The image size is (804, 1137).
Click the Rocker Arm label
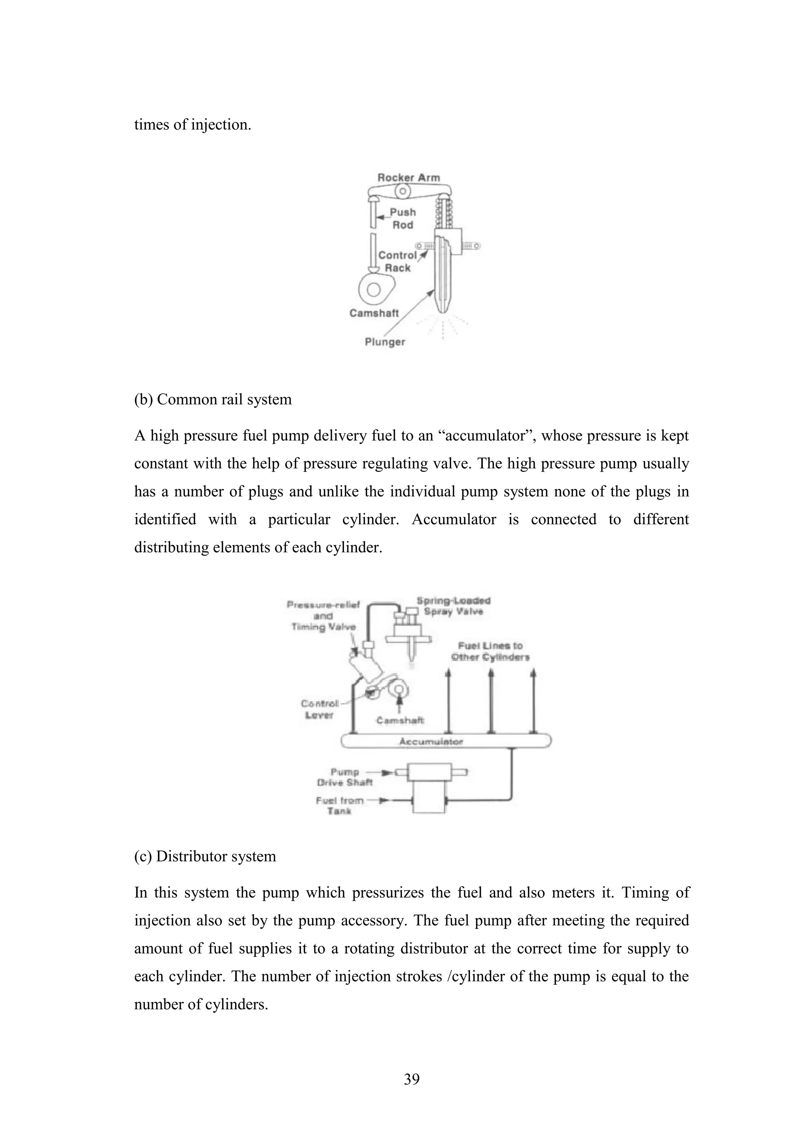coord(408,177)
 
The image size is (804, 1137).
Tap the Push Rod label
coord(402,218)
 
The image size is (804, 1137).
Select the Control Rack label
coord(397,261)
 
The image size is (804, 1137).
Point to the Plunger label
coord(384,342)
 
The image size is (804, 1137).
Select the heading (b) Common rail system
coord(213,399)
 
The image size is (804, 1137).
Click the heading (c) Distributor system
coord(205,856)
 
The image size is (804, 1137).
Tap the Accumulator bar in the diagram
coord(431,741)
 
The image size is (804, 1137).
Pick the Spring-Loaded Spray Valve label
coord(453,606)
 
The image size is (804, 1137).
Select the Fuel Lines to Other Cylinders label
coord(490,652)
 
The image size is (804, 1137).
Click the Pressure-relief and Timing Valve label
coord(323,616)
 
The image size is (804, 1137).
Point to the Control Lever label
coord(320,709)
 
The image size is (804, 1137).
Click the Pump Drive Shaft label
coord(345,777)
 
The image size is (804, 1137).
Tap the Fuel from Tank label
coord(340,805)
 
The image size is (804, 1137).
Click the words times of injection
coord(193,124)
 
